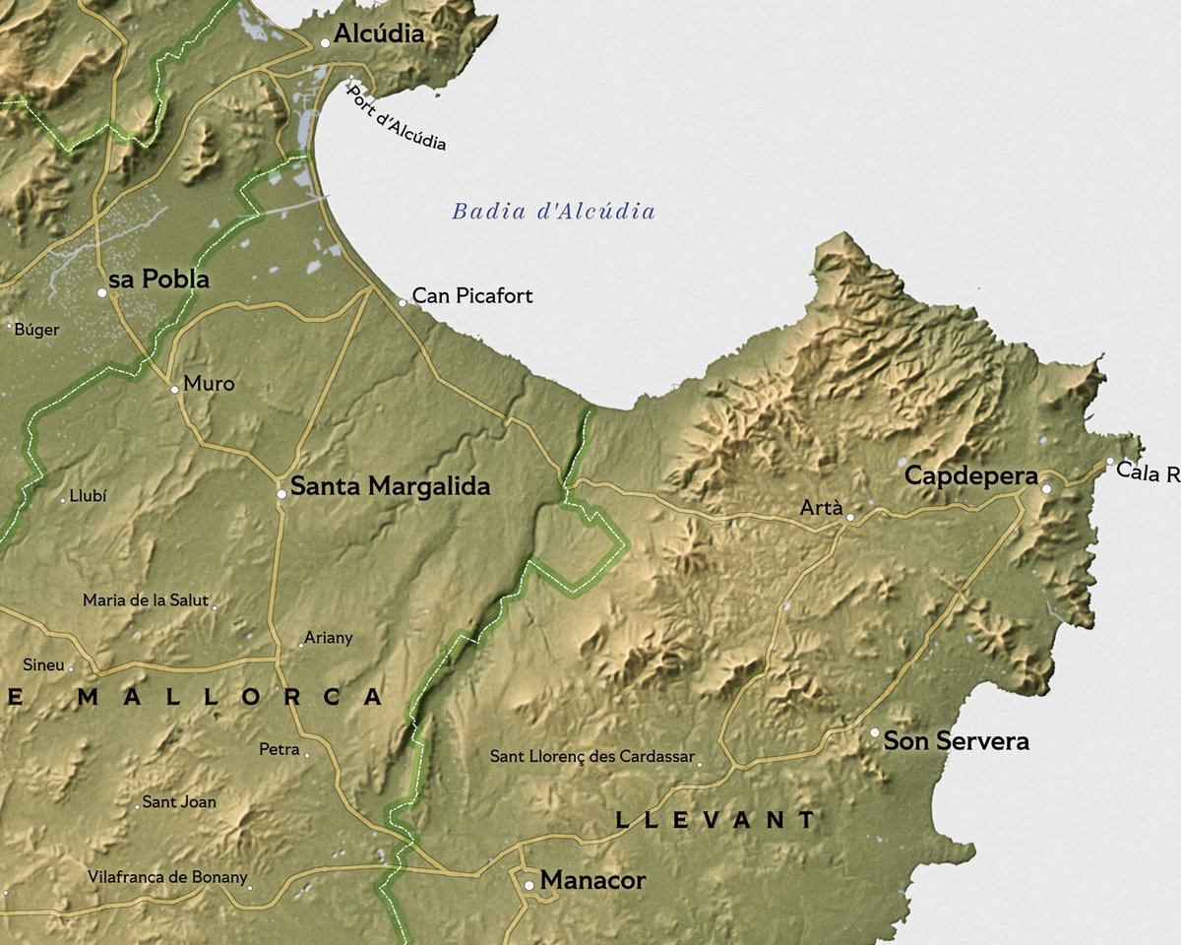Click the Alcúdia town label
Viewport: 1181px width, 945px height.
pyautogui.click(x=379, y=34)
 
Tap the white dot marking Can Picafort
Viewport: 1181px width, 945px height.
pyautogui.click(x=402, y=302)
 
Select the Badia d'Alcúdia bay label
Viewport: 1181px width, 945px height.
pyautogui.click(x=553, y=211)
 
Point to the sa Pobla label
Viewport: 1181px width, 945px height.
pyautogui.click(x=159, y=280)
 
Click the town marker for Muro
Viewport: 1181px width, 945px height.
pyautogui.click(x=174, y=389)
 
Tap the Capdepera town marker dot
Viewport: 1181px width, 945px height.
pyautogui.click(x=1047, y=488)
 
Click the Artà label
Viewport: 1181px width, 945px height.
pyautogui.click(x=821, y=508)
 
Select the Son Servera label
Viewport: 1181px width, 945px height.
pyautogui.click(x=956, y=741)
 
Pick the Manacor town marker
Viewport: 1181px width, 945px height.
pyautogui.click(x=528, y=885)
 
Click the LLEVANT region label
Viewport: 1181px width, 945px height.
pyautogui.click(x=715, y=819)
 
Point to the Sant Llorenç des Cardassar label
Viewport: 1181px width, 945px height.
pyautogui.click(x=591, y=757)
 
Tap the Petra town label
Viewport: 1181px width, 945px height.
pyautogui.click(x=279, y=750)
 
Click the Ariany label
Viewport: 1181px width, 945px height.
pyautogui.click(x=329, y=638)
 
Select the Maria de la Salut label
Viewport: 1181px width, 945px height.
pyautogui.click(x=146, y=600)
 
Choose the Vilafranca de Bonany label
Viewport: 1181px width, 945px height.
pyautogui.click(x=167, y=877)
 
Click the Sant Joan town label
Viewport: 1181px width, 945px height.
pyautogui.click(x=179, y=802)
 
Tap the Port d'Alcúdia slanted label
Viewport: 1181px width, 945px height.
pyautogui.click(x=397, y=118)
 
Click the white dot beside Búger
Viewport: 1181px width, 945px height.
pyautogui.click(x=9, y=326)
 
